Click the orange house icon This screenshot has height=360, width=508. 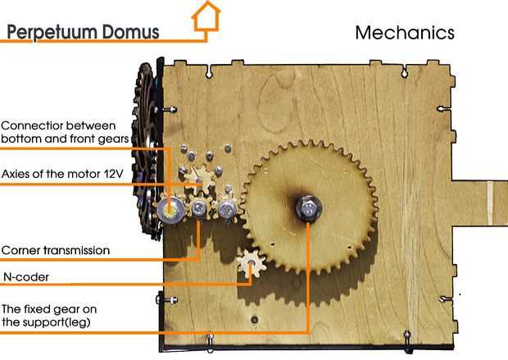(x=206, y=15)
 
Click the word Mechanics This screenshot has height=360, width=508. (x=404, y=34)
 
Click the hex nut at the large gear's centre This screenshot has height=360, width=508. (x=307, y=208)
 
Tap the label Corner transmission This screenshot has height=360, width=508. (x=56, y=250)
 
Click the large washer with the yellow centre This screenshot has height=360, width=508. (x=173, y=209)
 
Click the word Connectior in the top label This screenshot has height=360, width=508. (x=33, y=125)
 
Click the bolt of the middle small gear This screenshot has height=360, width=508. (x=199, y=210)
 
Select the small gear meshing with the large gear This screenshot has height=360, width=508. (x=228, y=211)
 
